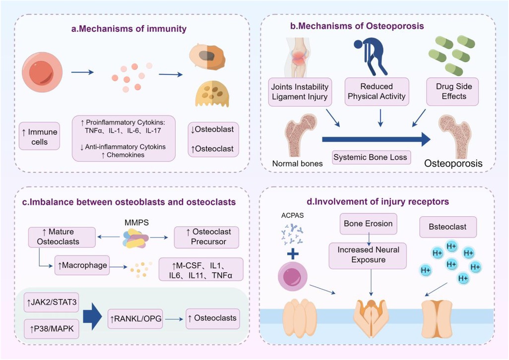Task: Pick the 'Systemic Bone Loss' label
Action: point(371,158)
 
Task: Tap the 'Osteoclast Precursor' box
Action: point(207,237)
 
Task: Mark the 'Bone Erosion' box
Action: point(368,224)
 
